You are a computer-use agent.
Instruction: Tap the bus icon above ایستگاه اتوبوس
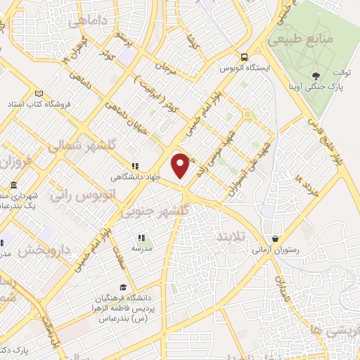pos(243,58)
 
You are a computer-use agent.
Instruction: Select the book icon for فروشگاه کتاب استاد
pos(39,94)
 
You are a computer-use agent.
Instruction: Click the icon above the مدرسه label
pos(141,238)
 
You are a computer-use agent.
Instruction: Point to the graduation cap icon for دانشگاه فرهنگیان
pos(124,287)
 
